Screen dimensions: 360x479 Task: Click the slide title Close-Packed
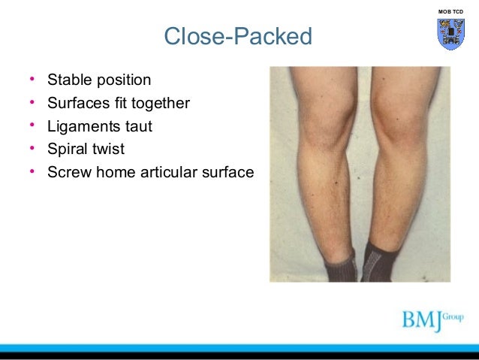[x=237, y=36]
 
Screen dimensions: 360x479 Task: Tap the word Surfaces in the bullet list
[x=79, y=103]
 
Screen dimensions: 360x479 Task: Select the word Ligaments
[x=84, y=126]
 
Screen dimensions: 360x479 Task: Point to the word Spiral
[x=67, y=149]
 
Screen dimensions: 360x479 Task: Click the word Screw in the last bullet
[x=68, y=172]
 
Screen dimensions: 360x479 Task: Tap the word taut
[x=139, y=126]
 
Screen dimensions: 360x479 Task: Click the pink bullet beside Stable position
[x=32, y=80]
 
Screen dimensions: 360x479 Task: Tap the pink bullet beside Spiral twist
[x=32, y=149]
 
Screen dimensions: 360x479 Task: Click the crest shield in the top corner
[x=450, y=34]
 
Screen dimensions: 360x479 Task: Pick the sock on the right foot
[x=380, y=263]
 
